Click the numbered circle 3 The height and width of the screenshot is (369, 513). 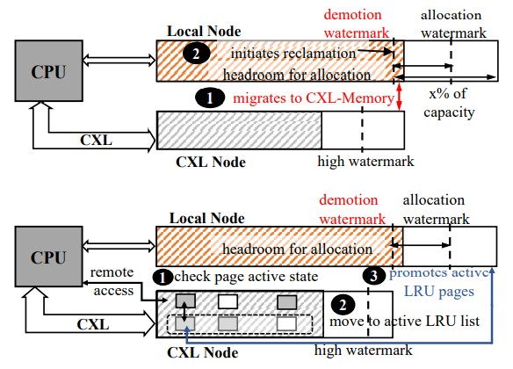373,276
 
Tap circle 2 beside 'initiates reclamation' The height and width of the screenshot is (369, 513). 196,54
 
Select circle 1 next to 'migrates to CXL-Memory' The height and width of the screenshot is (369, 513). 210,98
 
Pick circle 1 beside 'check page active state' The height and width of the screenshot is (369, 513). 163,278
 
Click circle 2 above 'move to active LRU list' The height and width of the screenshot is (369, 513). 343,305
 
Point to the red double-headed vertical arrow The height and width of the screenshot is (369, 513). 399,98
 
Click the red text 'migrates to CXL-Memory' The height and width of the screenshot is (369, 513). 314,98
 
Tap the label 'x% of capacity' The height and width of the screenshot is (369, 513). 449,103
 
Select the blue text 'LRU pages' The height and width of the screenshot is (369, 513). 439,292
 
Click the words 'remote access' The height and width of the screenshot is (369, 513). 112,281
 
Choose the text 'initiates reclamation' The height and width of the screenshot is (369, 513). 293,54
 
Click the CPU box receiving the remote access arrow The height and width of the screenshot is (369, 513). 48,257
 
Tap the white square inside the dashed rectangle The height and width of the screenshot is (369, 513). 286,324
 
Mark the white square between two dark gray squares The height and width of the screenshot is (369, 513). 228,301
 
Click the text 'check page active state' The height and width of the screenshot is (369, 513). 246,277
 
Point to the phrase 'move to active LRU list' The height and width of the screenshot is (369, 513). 404,322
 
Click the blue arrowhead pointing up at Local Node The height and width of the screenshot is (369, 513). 492,271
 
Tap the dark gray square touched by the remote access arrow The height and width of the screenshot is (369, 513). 185,301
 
